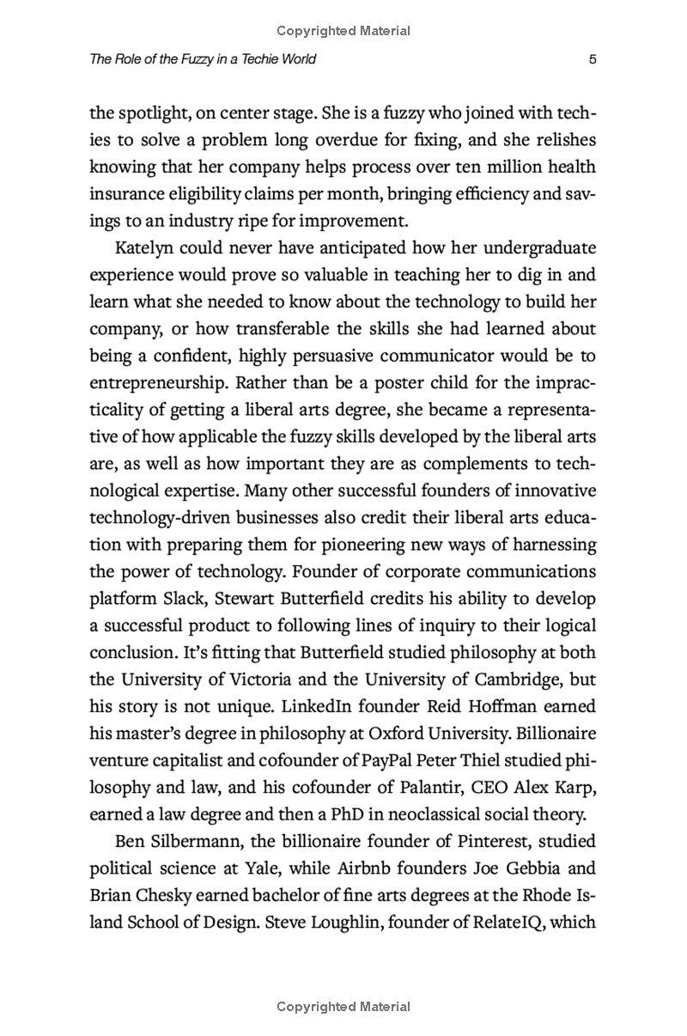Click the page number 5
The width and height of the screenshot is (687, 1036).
[x=593, y=59]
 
